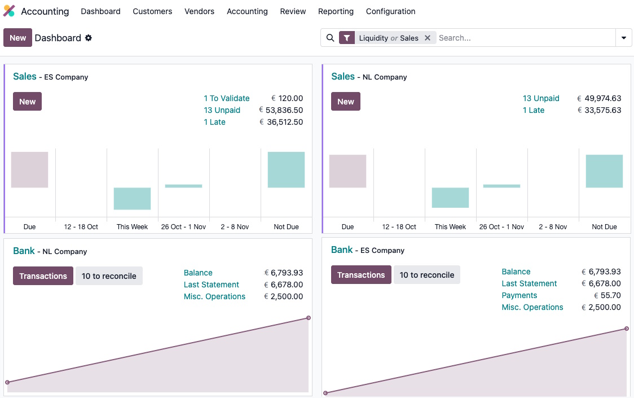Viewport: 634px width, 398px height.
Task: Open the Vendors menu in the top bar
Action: [199, 11]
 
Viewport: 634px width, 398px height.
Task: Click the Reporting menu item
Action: [336, 11]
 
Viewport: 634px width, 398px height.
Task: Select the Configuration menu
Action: [390, 11]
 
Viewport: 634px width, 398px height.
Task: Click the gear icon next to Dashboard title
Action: [89, 38]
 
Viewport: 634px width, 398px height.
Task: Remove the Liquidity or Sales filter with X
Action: [428, 38]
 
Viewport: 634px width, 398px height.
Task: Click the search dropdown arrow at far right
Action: [624, 38]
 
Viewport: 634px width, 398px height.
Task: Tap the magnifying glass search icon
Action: [331, 38]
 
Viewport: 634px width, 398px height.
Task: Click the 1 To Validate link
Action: [227, 98]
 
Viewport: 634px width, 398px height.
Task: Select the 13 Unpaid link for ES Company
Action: [222, 110]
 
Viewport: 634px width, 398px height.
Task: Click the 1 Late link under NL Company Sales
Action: [534, 110]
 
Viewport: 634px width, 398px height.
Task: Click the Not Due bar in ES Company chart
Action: [286, 169]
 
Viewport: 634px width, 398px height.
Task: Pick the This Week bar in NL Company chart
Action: [450, 198]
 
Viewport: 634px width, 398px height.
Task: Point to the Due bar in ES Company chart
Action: [29, 169]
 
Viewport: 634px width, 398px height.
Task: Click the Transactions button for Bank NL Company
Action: [43, 276]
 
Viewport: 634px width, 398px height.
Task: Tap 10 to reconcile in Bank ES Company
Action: [427, 275]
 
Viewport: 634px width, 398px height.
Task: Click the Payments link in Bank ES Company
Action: [519, 295]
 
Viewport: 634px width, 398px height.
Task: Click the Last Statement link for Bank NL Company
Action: [212, 285]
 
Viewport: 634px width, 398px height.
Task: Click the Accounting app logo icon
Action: [10, 11]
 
